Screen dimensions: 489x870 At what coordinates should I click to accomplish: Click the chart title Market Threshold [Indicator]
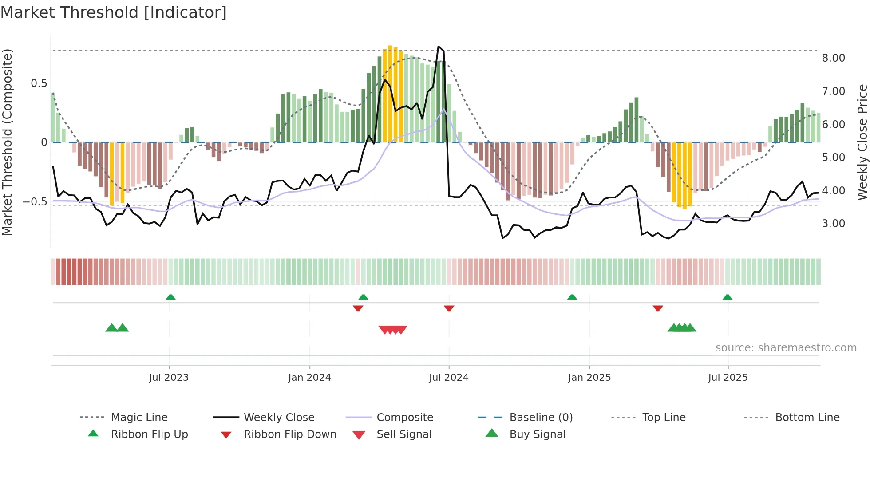114,12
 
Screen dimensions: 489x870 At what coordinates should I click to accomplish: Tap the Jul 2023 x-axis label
169,378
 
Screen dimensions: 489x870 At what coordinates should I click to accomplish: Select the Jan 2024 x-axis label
309,378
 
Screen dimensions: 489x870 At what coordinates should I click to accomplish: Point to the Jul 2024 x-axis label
448,378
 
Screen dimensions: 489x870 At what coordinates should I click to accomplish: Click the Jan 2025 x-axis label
589,378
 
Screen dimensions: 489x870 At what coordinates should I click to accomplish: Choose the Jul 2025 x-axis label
728,378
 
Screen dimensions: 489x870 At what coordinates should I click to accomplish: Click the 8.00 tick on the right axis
833,58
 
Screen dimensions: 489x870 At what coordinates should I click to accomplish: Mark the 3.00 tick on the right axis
833,224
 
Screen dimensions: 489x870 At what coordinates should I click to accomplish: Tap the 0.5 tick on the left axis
39,83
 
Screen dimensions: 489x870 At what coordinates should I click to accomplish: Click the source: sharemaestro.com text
786,348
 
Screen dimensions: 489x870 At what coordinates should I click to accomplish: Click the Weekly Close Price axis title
862,142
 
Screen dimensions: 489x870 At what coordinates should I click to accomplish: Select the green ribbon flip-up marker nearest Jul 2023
170,297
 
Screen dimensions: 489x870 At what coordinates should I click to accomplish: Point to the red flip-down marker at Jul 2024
449,308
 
